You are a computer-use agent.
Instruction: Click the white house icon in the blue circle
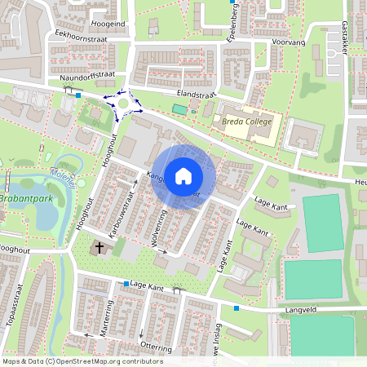click(x=183, y=176)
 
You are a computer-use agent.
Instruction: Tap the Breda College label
click(x=245, y=122)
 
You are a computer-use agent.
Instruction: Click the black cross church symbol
click(x=99, y=246)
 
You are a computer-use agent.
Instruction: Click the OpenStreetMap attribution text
click(x=82, y=361)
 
